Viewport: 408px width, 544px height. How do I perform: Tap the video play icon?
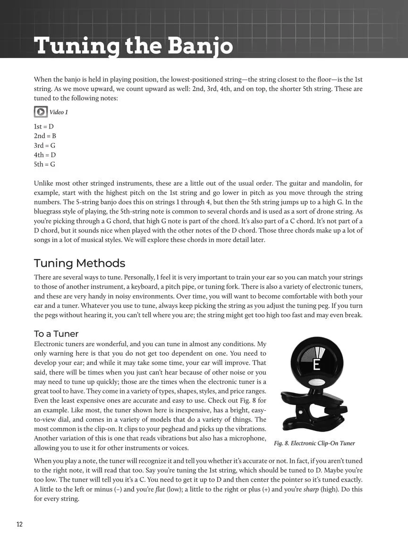click(41, 112)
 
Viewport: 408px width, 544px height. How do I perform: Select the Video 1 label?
click(59, 112)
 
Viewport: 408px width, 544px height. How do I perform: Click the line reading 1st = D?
click(44, 127)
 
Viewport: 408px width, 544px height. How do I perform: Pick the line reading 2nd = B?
click(45, 136)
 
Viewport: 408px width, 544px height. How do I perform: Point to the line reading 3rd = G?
click(44, 145)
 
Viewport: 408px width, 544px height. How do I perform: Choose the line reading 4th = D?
click(44, 155)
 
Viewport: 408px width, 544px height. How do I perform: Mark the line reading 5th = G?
click(44, 164)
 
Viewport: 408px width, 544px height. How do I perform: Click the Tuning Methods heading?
click(79, 263)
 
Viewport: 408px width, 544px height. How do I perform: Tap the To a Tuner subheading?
click(56, 334)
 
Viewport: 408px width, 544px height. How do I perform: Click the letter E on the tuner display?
click(316, 365)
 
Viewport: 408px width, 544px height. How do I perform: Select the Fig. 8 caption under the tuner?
click(314, 443)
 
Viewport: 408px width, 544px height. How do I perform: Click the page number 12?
click(19, 524)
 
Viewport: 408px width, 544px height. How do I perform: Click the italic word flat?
click(160, 489)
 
